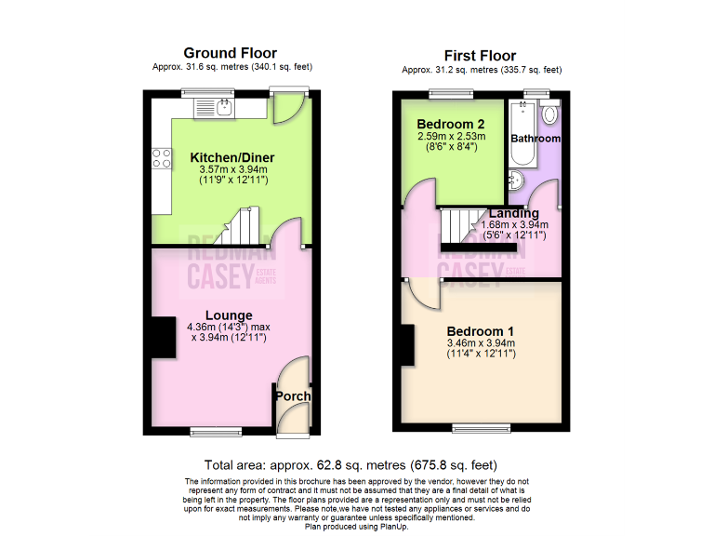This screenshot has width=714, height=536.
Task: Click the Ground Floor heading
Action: pyautogui.click(x=230, y=52)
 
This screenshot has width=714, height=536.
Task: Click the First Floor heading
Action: pyautogui.click(x=481, y=55)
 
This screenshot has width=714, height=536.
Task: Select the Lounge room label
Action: pyautogui.click(x=229, y=315)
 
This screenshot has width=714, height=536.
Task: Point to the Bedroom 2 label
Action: pyautogui.click(x=451, y=124)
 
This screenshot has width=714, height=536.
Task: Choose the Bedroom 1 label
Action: pyautogui.click(x=481, y=330)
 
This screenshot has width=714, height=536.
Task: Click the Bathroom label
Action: pyautogui.click(x=535, y=138)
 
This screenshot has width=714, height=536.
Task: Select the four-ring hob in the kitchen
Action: pyautogui.click(x=161, y=158)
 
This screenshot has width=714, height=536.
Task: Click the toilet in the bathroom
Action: pyautogui.click(x=549, y=114)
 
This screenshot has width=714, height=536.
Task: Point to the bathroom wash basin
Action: pyautogui.click(x=518, y=180)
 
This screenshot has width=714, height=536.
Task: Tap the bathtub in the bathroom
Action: pyautogui.click(x=518, y=126)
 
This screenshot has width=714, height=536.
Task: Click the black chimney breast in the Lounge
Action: pyautogui.click(x=163, y=337)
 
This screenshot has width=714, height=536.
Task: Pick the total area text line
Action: pyautogui.click(x=350, y=464)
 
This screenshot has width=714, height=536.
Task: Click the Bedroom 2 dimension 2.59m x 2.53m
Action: pyautogui.click(x=451, y=136)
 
